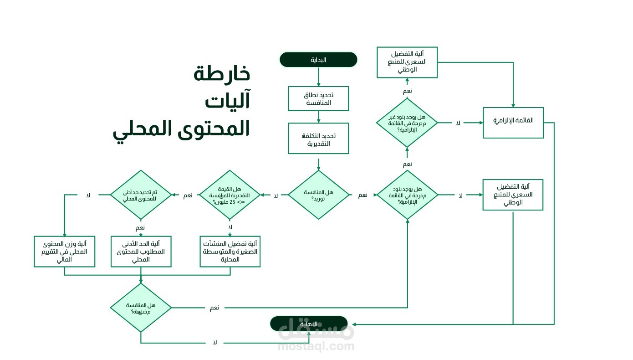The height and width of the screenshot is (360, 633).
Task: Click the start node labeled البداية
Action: (x=318, y=60)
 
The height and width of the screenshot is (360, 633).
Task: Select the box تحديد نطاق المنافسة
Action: (x=318, y=99)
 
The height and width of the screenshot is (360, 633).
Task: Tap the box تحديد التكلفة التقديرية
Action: (x=318, y=139)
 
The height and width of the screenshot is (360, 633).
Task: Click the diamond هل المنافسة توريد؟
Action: (x=318, y=195)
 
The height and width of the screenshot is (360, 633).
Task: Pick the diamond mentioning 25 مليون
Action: (x=230, y=195)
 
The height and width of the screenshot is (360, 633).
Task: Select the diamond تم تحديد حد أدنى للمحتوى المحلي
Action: (x=141, y=195)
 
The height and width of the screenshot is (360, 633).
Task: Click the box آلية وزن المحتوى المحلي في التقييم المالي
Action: (x=64, y=251)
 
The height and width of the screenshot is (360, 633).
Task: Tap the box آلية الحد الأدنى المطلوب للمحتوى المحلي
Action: (x=141, y=251)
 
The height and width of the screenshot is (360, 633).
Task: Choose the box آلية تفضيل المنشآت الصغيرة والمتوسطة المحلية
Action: (x=230, y=251)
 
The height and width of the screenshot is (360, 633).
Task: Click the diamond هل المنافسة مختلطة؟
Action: (x=141, y=308)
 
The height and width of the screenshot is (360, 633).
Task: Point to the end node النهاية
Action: (x=309, y=324)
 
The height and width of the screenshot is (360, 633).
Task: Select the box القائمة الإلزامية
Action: (x=513, y=123)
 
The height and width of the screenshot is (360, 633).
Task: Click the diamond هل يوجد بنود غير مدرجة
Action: (x=407, y=123)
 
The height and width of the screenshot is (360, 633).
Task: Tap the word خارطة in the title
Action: (x=222, y=73)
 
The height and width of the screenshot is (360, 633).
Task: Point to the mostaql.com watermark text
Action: (x=316, y=346)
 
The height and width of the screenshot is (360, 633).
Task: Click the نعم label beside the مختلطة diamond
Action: (x=214, y=308)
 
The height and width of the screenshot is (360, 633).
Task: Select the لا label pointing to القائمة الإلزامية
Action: (x=458, y=123)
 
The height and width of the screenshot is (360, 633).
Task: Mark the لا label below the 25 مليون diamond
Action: (x=230, y=227)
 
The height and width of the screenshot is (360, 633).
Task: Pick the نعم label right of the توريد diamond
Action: (x=362, y=195)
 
